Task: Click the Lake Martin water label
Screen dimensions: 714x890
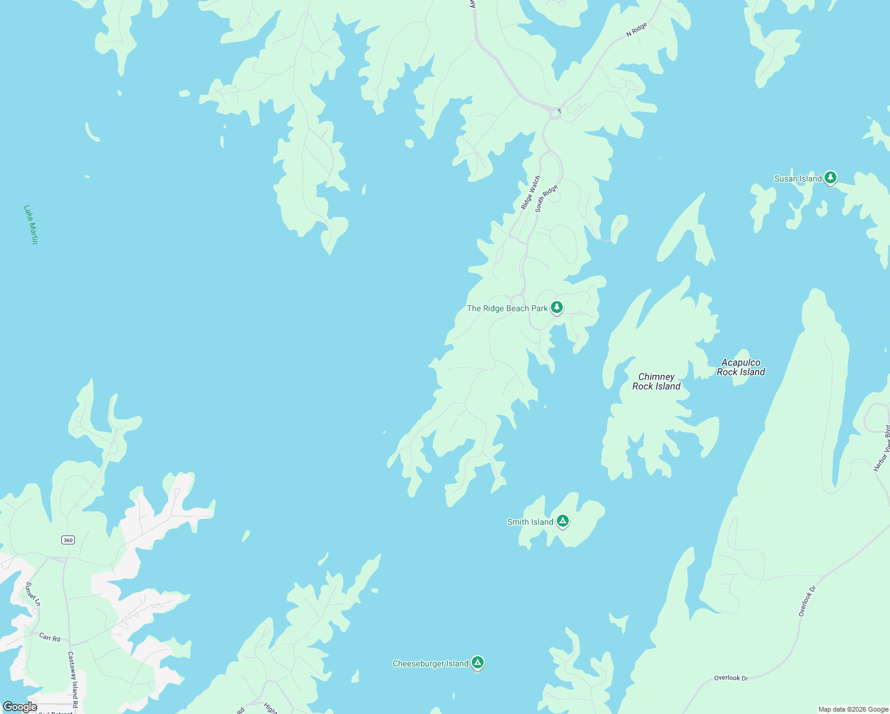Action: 31,224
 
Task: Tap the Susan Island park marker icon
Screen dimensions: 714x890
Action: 831,177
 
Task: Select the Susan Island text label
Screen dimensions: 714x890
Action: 798,178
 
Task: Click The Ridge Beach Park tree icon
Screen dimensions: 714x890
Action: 557,307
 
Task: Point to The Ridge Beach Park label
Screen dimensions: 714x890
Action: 507,308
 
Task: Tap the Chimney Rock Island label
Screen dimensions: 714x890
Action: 656,381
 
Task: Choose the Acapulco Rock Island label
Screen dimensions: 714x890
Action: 741,367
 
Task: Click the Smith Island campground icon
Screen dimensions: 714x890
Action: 563,521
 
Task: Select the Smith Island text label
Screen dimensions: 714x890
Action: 530,522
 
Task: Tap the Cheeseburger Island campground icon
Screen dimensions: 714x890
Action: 477,662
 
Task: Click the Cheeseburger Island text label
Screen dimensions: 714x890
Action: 430,663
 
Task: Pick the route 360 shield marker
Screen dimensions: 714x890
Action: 68,540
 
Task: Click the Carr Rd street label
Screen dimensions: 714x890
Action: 50,638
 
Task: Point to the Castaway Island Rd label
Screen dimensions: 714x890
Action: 72,679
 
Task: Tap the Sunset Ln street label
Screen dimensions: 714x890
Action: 33,594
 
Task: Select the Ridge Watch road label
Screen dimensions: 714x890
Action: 531,192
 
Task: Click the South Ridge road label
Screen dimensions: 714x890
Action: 546,198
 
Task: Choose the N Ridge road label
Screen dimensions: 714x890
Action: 636,30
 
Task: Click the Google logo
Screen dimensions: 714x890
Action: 20,707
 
